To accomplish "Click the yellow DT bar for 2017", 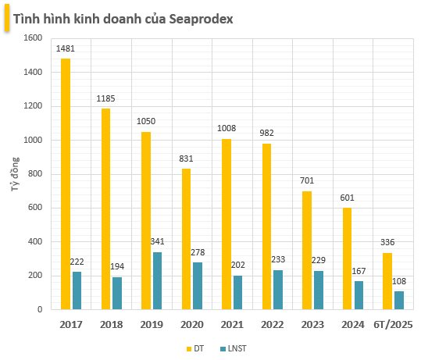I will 66,184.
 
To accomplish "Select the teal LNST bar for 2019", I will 157,280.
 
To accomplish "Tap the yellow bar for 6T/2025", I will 386,281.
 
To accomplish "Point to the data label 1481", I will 66,49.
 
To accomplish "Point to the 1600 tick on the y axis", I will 30,37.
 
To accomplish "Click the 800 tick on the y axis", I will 33,174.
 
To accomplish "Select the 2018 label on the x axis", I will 112,323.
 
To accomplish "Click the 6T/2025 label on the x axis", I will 392,323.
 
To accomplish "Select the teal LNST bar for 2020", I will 197,286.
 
